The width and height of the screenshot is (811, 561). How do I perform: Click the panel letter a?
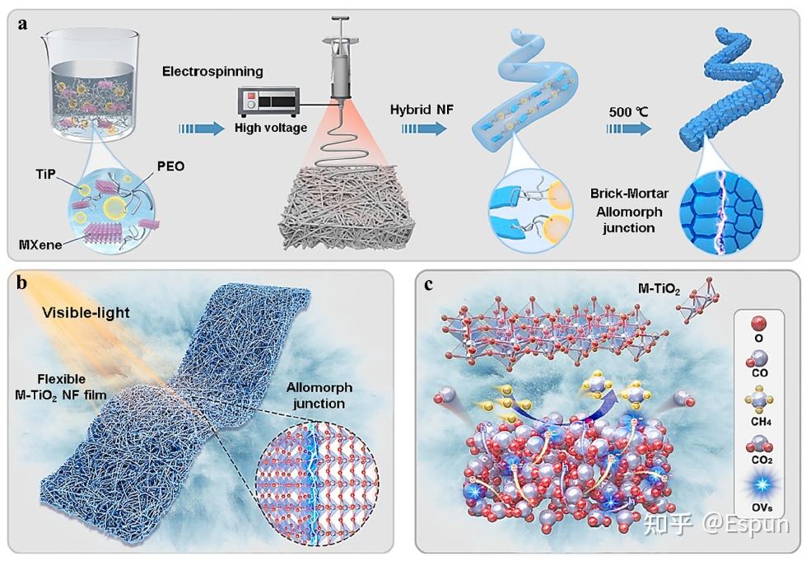(x=22, y=24)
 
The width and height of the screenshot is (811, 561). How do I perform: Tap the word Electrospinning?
(x=212, y=71)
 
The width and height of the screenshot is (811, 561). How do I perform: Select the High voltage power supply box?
(x=268, y=101)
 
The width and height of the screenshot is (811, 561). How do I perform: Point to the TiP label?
(x=45, y=174)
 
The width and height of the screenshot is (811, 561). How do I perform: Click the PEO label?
(x=170, y=166)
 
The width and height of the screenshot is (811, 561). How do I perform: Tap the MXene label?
(x=40, y=245)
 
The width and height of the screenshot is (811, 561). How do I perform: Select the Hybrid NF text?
(x=422, y=110)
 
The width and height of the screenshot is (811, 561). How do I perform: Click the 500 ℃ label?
(x=628, y=112)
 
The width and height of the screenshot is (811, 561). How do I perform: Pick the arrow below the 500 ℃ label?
(x=629, y=129)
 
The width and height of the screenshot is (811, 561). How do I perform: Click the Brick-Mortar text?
(x=630, y=193)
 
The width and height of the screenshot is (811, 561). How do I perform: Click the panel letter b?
(x=21, y=283)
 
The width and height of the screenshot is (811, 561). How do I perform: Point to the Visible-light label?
(x=86, y=312)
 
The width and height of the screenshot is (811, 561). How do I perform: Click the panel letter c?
(x=428, y=284)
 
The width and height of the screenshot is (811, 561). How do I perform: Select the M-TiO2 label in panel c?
(x=659, y=289)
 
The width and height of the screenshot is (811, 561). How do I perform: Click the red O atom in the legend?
(x=758, y=325)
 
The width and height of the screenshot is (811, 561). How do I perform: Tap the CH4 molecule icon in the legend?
(x=759, y=400)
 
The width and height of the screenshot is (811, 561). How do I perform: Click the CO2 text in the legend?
(x=762, y=460)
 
